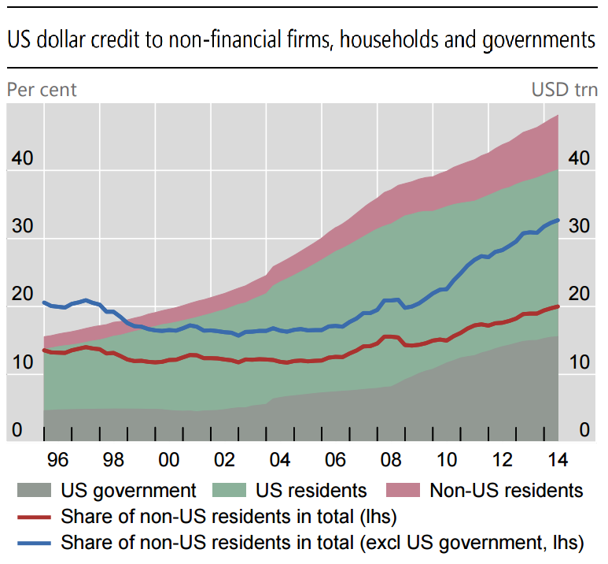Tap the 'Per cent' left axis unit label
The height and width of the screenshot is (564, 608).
42,90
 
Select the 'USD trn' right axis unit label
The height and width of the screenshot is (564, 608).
564,90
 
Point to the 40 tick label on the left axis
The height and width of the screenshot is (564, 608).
23,158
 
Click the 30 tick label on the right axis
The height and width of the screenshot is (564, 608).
579,225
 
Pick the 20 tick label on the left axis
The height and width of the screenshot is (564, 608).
23,294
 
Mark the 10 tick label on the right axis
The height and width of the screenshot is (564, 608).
580,362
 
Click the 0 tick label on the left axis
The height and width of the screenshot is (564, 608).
17,430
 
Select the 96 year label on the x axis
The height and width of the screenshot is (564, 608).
57,460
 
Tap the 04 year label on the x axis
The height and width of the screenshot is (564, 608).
280,460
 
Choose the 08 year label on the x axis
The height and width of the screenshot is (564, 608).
391,460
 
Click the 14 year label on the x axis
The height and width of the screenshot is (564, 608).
558,460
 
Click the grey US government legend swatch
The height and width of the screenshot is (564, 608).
34,490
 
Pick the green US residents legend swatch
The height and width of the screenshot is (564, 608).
229,490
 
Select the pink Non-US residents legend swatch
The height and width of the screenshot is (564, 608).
403,490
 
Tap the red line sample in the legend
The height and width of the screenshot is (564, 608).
34,518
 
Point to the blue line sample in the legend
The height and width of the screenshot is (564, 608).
34,543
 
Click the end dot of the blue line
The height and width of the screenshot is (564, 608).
558,221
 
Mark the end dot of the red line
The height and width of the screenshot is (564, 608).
558,306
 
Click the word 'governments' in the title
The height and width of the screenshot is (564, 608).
539,40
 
